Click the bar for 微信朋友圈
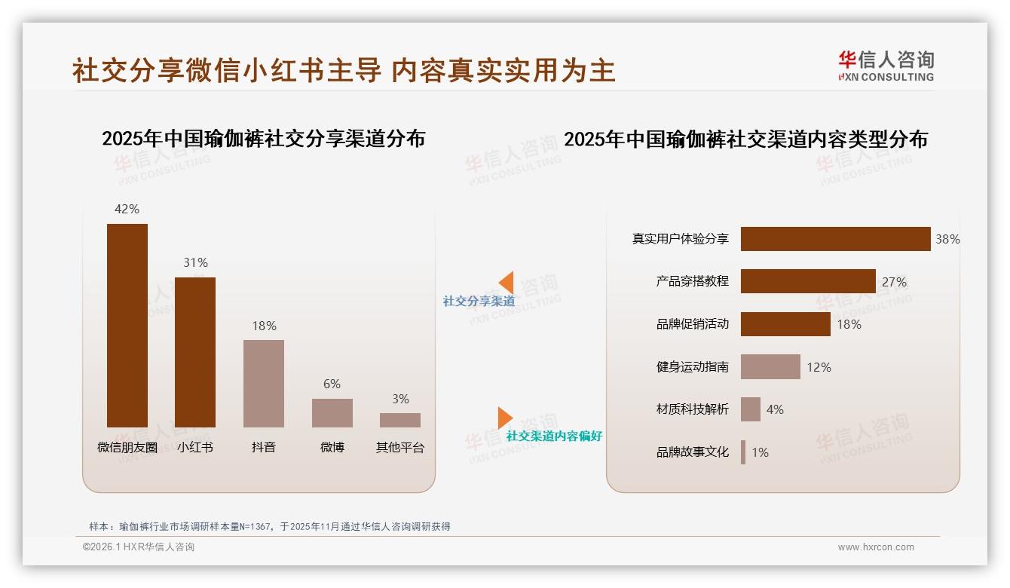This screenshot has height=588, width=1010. click(x=127, y=326)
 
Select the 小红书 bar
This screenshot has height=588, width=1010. click(x=195, y=352)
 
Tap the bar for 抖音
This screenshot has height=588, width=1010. click(x=264, y=384)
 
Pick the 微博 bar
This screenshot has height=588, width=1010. click(x=332, y=413)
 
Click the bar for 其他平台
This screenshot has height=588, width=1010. click(x=400, y=420)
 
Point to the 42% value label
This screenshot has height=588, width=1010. click(x=127, y=209)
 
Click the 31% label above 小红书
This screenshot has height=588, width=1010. click(x=195, y=262)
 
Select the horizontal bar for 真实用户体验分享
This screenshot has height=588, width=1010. click(x=835, y=239)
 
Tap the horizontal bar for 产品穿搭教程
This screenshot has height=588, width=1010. click(x=808, y=281)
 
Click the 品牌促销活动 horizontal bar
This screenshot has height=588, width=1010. click(x=785, y=324)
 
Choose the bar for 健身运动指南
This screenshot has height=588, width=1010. click(x=770, y=367)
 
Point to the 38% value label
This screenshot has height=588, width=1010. click(x=947, y=239)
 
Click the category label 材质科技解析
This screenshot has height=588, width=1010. click(x=692, y=409)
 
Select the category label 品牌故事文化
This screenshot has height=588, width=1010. click(x=692, y=452)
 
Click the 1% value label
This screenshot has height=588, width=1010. click(x=760, y=452)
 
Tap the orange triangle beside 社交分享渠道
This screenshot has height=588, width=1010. click(x=507, y=283)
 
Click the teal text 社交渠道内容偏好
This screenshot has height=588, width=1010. click(x=554, y=436)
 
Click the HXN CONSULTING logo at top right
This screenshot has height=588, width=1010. click(x=886, y=66)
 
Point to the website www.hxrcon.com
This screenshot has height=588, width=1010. click(x=876, y=547)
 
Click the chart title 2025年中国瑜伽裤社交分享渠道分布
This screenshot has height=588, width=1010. click(x=263, y=139)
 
